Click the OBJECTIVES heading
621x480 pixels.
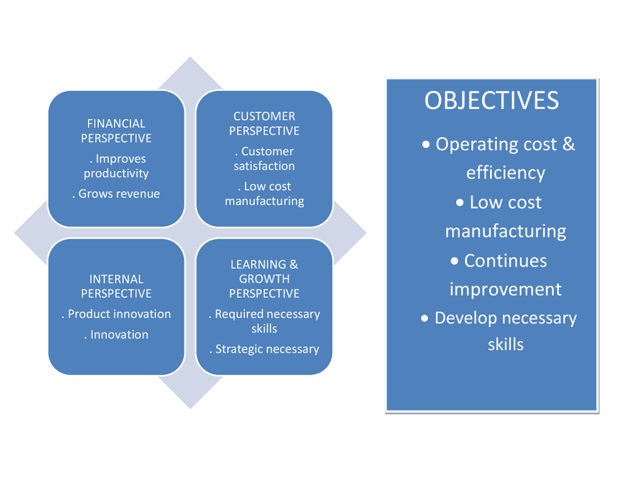coord(491,100)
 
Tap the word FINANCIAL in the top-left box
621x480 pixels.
coord(116,123)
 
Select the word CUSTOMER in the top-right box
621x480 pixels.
coord(264,116)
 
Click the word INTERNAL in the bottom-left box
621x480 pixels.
coord(116,279)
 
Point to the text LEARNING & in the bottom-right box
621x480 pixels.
coord(264,265)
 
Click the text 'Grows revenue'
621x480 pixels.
coord(119,194)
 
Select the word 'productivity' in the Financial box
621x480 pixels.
coord(116,174)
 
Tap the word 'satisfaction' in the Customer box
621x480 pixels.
coord(264,166)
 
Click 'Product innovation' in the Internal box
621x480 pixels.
coord(119,314)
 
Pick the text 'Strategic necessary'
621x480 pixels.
coord(267,350)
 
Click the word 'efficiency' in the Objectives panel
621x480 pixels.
coord(506,173)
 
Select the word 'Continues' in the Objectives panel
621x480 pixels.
coord(506,261)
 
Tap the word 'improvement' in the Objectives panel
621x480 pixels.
coord(506,289)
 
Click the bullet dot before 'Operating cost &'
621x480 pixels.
coord(427,144)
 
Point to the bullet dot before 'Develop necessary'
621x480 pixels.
coord(425,318)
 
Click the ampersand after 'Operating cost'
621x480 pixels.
coord(568,144)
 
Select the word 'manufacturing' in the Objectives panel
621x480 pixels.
coord(506,231)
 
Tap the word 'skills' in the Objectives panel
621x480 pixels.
coord(506,345)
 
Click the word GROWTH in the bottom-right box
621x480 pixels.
coord(264,279)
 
